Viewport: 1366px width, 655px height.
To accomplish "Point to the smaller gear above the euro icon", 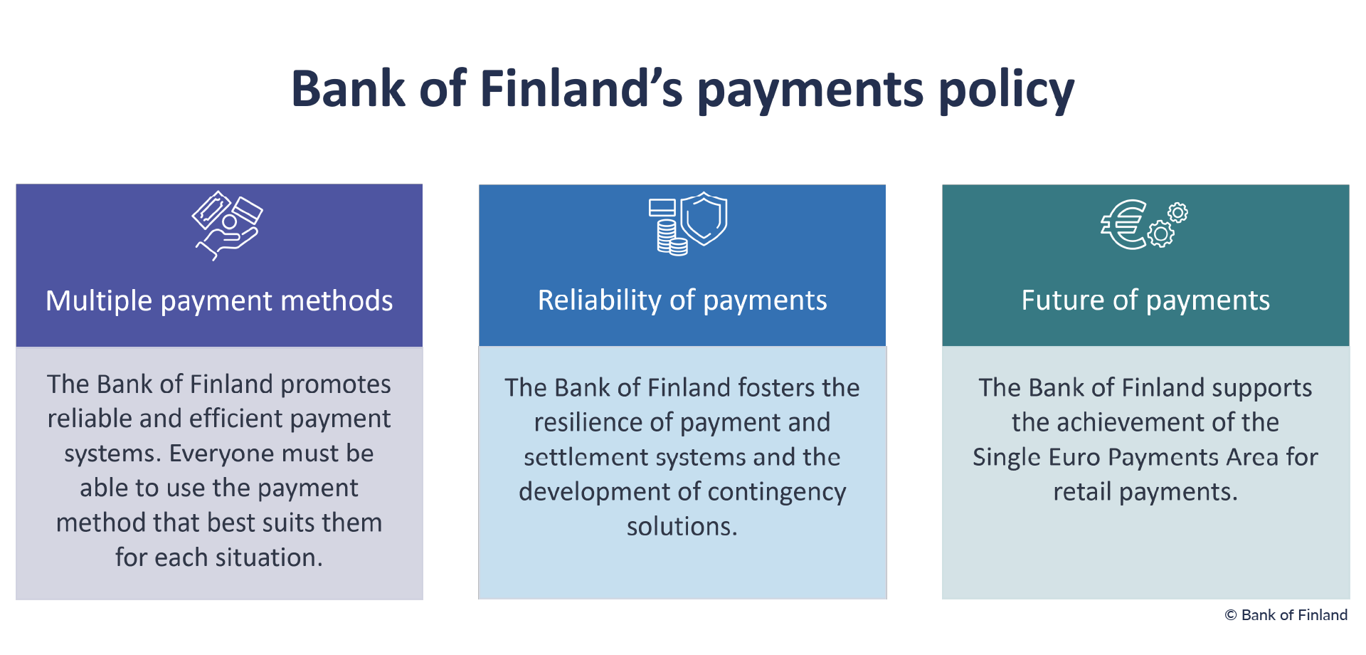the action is (1177, 212).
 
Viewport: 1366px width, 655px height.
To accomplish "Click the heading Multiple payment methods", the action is (219, 301).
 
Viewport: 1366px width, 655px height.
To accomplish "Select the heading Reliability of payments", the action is (682, 300).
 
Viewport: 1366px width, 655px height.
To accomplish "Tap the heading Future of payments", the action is (1145, 300).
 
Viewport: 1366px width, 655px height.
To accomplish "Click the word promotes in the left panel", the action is (336, 385).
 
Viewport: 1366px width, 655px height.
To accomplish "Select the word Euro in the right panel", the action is (1074, 457).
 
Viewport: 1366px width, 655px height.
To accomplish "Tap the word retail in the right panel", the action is (1083, 492).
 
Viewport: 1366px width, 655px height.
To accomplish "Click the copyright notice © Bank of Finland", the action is (1286, 615).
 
